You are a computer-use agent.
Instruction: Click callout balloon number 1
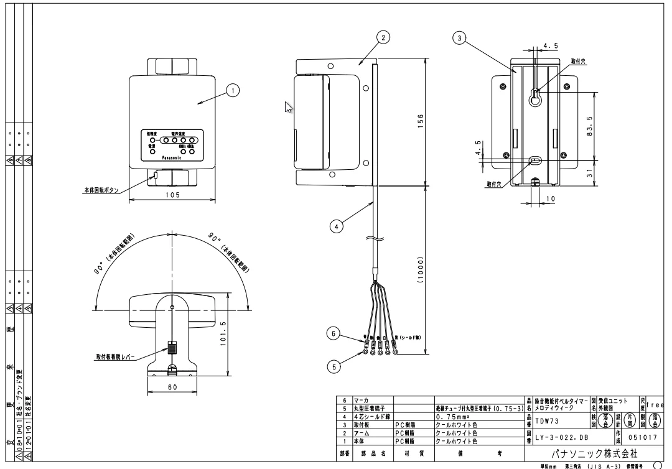(x=233, y=91)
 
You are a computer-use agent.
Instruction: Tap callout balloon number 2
(x=385, y=37)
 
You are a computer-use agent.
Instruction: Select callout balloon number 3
(x=460, y=38)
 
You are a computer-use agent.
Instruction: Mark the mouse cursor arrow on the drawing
(x=288, y=107)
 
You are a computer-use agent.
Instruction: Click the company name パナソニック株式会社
(x=594, y=454)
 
